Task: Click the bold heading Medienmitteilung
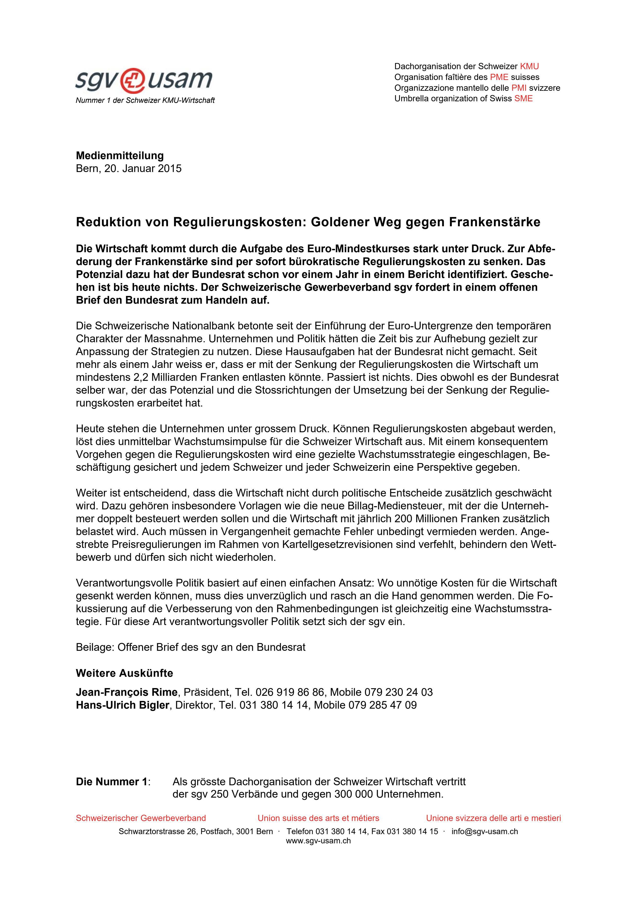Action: pyautogui.click(x=120, y=156)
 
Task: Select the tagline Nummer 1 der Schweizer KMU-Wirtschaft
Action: pyautogui.click(x=145, y=101)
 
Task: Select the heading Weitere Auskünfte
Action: pyautogui.click(x=124, y=673)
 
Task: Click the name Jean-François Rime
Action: pyautogui.click(x=126, y=692)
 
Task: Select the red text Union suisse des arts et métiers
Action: pyautogui.click(x=318, y=818)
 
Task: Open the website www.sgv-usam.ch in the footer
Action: pyautogui.click(x=318, y=841)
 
